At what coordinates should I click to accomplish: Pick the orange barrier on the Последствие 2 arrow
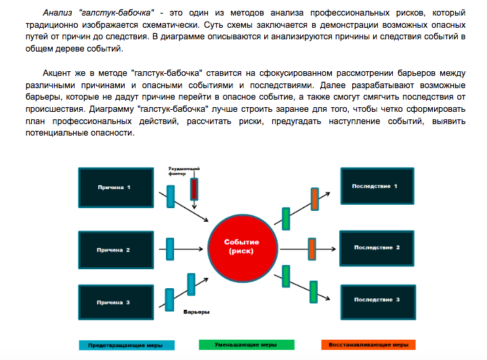pyautogui.click(x=312, y=247)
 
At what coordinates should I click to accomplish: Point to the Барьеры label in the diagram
pyautogui.click(x=196, y=312)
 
